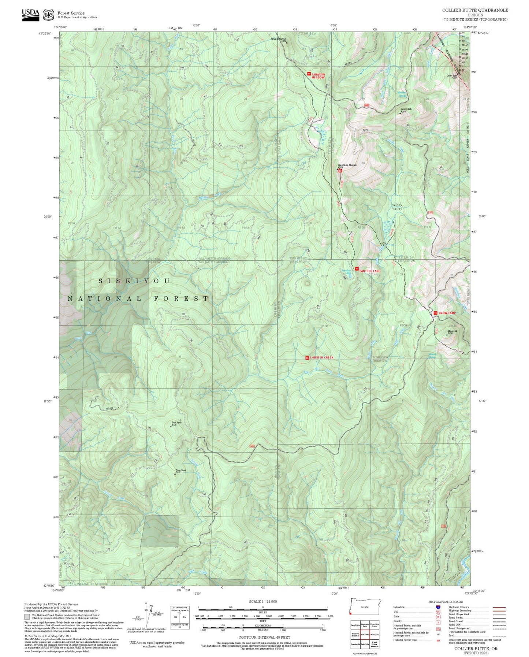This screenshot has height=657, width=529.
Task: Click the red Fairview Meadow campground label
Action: (318, 76)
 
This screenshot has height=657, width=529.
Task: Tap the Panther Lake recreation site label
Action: (369, 271)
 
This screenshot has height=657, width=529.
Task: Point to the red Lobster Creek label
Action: (322, 357)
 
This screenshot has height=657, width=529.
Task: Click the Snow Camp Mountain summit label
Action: (347, 165)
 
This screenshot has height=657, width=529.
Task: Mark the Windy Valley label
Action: (397, 207)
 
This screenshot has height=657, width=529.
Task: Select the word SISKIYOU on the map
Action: (134, 281)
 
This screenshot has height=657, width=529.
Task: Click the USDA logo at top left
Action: (30, 15)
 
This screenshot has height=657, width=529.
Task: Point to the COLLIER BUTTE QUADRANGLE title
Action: (475, 10)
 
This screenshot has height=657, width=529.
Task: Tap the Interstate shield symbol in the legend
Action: (438, 607)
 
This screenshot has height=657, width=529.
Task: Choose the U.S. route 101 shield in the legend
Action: (438, 612)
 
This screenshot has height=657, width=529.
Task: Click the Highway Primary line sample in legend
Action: (499, 607)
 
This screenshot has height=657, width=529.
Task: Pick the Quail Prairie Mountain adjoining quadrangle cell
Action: (374, 644)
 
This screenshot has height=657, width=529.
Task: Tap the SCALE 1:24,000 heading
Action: (262, 601)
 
